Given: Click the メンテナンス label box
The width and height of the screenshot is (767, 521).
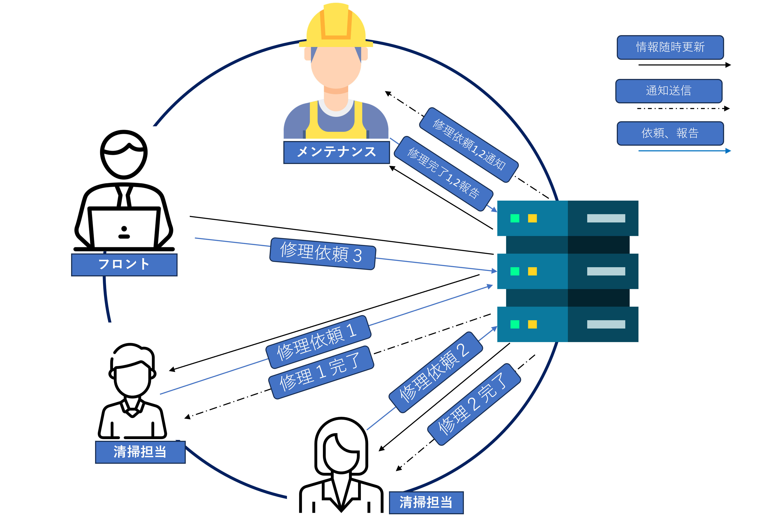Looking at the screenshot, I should tap(336, 152).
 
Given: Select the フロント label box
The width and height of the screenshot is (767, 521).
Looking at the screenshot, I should tap(124, 264).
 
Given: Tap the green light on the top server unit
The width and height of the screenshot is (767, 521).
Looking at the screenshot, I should tap(515, 218).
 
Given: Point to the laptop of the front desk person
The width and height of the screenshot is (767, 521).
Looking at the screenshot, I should tap(124, 228).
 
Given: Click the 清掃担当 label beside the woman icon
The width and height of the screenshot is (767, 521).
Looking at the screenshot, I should tap(426, 502).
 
